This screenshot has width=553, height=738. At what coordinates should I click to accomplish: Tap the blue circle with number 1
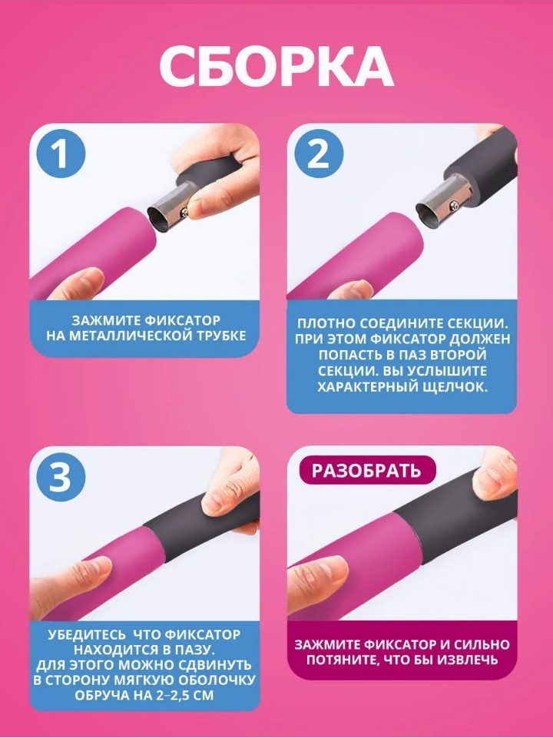[61, 154]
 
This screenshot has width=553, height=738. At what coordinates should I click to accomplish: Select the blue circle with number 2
[319, 154]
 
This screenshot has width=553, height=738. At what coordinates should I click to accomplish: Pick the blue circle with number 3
[61, 477]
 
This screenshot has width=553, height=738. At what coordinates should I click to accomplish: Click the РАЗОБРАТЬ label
[366, 470]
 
